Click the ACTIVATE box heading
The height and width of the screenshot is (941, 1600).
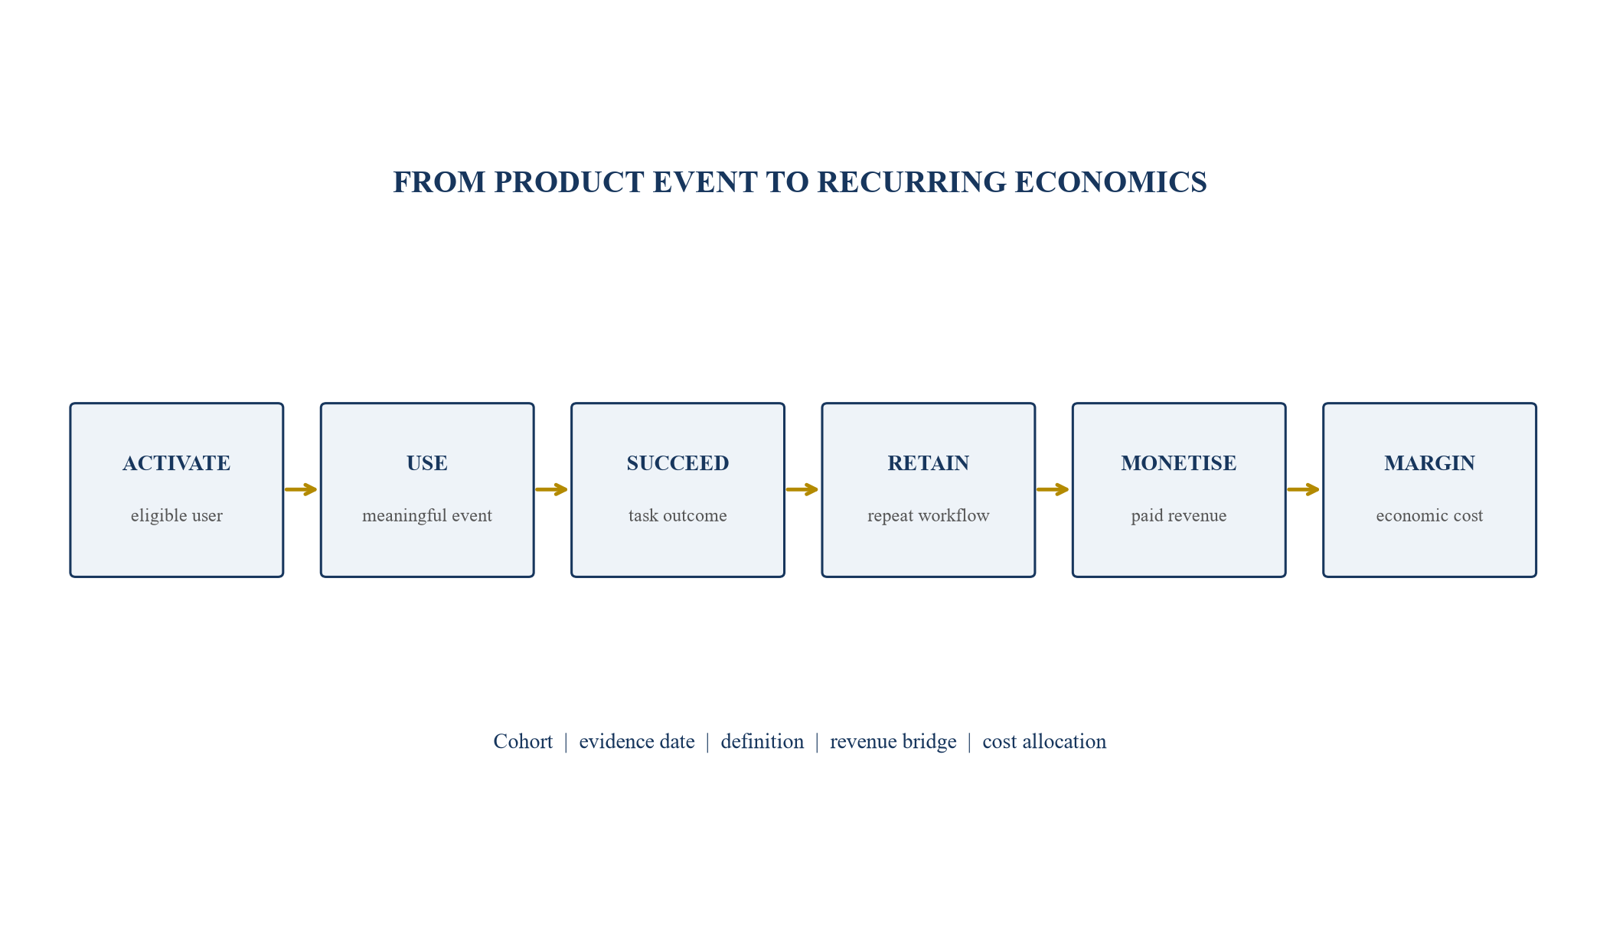pyautogui.click(x=176, y=463)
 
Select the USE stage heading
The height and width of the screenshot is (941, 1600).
pyautogui.click(x=427, y=463)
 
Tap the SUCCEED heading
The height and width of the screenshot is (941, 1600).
pyautogui.click(x=678, y=463)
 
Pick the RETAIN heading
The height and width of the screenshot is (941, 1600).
pyautogui.click(x=929, y=463)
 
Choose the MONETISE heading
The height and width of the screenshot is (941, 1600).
pyautogui.click(x=1179, y=463)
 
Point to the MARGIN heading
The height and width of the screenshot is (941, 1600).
pyautogui.click(x=1429, y=463)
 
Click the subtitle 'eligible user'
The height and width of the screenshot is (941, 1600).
pyautogui.click(x=177, y=516)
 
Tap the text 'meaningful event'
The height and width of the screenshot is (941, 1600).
pyautogui.click(x=427, y=516)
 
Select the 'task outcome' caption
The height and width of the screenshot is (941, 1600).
pyautogui.click(x=678, y=516)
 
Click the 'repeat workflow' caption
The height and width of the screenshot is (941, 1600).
pyautogui.click(x=929, y=516)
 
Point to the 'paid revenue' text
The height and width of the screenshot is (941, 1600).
pyautogui.click(x=1179, y=516)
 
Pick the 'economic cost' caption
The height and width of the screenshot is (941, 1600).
pyautogui.click(x=1429, y=516)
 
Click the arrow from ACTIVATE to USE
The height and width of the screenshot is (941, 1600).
pyautogui.click(x=301, y=489)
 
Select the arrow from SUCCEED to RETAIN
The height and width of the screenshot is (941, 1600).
pyautogui.click(x=802, y=489)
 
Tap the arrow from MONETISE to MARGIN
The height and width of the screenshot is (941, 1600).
pyautogui.click(x=1304, y=489)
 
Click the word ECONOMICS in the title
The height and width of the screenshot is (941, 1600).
pyautogui.click(x=1111, y=182)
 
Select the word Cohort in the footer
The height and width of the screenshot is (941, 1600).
pyautogui.click(x=523, y=742)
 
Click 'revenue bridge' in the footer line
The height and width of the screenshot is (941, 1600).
pyautogui.click(x=893, y=742)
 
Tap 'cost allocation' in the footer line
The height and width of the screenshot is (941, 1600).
pyautogui.click(x=1044, y=742)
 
